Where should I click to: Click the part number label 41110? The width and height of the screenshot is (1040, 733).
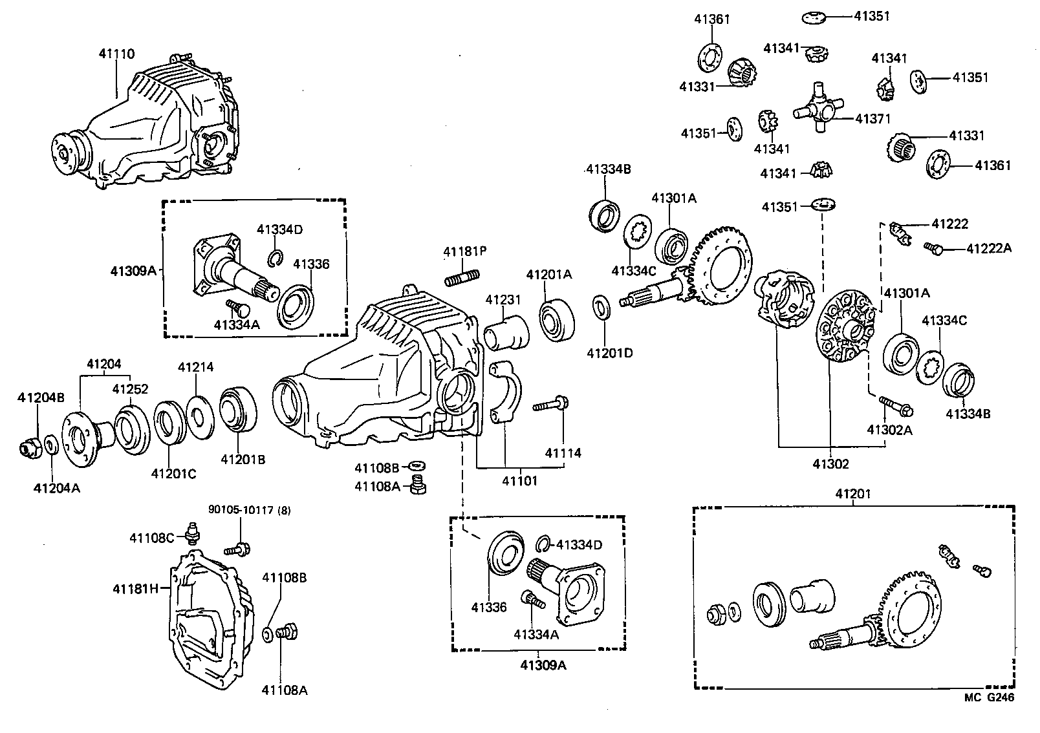117,55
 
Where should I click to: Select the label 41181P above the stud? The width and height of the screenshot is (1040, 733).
465,251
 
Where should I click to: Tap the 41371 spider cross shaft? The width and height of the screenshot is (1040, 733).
819,110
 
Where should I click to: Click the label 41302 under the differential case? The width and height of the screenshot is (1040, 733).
830,464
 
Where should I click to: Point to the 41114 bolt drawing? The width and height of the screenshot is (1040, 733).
550,405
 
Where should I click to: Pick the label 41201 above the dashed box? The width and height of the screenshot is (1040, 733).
853,494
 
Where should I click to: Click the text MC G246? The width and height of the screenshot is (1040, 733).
989,697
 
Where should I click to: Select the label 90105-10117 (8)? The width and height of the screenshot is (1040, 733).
249,510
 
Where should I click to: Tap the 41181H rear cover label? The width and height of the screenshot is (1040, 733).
135,589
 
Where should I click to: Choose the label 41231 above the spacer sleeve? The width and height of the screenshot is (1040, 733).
503,300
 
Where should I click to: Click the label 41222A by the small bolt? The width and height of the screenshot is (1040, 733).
989,248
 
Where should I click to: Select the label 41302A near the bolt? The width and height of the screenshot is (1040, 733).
889,430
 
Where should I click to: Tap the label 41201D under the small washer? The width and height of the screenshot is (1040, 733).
609,353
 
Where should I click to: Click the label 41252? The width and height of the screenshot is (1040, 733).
130,389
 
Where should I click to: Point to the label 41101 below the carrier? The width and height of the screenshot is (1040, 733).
519,481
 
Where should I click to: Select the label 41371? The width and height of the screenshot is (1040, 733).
872,119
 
